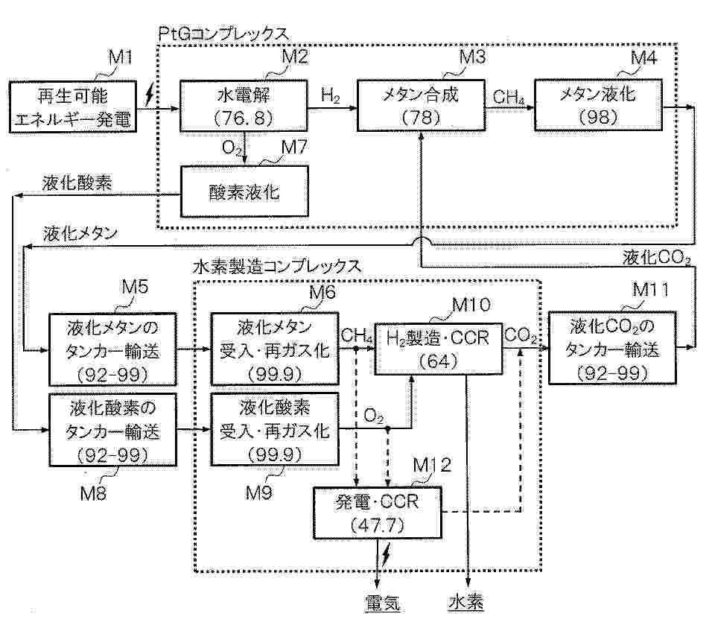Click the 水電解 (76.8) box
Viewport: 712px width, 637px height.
(244, 107)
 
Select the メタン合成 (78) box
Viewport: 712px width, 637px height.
(421, 107)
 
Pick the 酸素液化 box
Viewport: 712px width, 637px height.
(244, 192)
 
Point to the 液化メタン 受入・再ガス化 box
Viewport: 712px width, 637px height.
(275, 348)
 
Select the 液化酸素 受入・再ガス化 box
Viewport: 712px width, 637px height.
(275, 431)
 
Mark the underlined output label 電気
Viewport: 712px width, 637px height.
(382, 601)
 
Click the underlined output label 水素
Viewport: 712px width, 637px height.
(466, 601)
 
